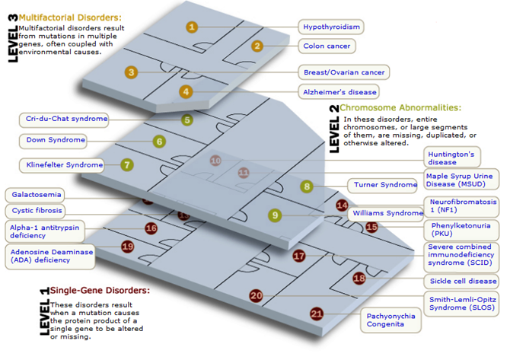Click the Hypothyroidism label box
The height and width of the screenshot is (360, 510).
(x=330, y=27)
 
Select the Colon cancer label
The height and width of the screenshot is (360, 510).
(x=327, y=46)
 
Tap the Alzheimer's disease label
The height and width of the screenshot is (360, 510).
(x=339, y=92)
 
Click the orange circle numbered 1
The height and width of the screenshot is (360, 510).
(x=192, y=27)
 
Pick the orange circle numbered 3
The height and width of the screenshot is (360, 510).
(x=132, y=72)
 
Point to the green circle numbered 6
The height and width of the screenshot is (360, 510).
(x=158, y=141)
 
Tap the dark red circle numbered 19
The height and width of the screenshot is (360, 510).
(x=127, y=246)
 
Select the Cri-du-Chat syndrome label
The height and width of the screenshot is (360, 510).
(x=66, y=119)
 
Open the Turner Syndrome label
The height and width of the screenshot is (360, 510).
(x=385, y=185)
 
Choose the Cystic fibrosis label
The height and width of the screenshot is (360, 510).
(x=37, y=210)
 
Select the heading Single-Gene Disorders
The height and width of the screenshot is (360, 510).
(x=100, y=290)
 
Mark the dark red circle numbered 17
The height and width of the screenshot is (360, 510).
(x=299, y=256)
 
